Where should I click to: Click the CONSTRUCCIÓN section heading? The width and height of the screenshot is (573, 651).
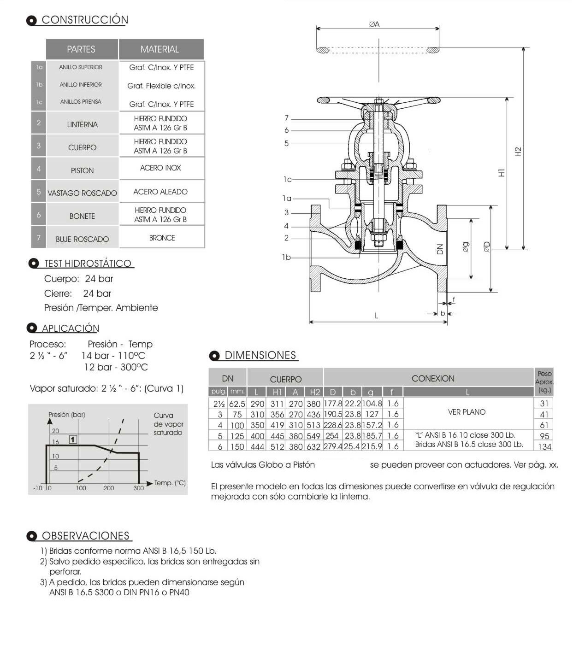click(x=85, y=20)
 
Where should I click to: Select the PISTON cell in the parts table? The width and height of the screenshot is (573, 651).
click(x=82, y=170)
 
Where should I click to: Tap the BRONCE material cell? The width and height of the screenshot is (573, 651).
click(x=162, y=238)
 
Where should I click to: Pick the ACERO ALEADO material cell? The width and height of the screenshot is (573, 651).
click(x=160, y=192)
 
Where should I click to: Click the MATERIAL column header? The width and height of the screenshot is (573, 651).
click(x=159, y=49)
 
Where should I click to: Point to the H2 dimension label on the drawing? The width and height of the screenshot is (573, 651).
click(x=518, y=152)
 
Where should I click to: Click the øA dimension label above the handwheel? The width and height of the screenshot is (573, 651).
click(x=374, y=24)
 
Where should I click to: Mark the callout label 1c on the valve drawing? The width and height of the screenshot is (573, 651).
click(x=287, y=179)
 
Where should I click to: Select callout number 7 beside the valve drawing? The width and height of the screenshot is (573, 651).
click(x=286, y=118)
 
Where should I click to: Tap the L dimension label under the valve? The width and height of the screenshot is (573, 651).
click(x=377, y=316)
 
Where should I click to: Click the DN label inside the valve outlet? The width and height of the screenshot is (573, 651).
click(x=439, y=249)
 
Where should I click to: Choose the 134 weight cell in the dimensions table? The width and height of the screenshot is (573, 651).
click(x=544, y=446)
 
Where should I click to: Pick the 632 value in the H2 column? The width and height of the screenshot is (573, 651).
click(x=313, y=446)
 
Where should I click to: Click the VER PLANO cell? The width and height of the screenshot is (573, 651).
click(x=467, y=412)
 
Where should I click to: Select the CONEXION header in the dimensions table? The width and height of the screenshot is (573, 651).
click(x=433, y=378)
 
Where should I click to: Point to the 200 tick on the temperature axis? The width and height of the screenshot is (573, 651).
click(x=109, y=488)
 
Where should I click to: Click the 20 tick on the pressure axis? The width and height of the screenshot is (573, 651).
click(x=55, y=431)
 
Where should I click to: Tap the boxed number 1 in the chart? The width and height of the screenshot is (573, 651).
click(x=72, y=440)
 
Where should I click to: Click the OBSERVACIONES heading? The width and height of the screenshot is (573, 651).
click(x=86, y=536)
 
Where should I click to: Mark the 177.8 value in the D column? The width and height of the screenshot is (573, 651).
click(x=333, y=404)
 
